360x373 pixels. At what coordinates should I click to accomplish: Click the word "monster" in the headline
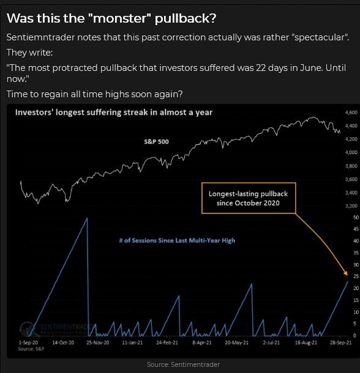point(119,18)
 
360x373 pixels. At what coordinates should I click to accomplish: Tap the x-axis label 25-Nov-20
point(98,342)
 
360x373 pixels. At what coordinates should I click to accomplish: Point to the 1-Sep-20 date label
point(28,342)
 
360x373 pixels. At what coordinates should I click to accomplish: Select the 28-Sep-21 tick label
point(340,342)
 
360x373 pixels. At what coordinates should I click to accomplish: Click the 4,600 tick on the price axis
point(351,113)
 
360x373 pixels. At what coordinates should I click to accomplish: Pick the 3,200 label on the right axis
point(351,206)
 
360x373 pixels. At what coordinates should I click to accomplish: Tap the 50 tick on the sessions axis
point(356,218)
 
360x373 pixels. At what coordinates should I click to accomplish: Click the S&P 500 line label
point(156,142)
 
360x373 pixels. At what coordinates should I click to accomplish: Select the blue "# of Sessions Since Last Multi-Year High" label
point(177,240)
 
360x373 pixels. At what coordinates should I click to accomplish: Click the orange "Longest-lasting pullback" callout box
point(249,183)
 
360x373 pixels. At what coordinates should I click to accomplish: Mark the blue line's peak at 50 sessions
point(87,218)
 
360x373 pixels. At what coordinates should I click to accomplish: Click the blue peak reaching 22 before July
point(252,284)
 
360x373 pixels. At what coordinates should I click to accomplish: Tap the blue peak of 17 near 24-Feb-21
point(179,296)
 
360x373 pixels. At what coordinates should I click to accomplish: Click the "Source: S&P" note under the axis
point(31,349)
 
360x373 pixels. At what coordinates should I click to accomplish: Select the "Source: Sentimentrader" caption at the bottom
point(183,364)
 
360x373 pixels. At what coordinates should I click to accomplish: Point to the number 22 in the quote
point(261,68)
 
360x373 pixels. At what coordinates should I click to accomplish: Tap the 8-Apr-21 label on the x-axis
point(202,342)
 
